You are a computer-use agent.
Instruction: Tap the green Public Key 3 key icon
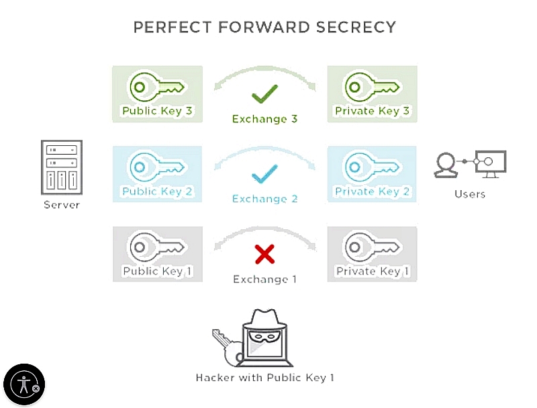156,85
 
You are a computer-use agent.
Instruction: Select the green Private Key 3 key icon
371,85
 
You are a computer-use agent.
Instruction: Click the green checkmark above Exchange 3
264,94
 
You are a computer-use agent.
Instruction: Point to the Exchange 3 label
264,119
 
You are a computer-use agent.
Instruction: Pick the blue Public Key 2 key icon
156,166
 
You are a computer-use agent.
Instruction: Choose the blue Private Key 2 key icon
371,166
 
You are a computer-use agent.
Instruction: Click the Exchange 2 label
264,199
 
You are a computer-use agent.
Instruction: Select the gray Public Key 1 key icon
156,246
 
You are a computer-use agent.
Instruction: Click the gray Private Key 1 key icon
371,246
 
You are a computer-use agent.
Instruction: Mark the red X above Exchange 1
264,254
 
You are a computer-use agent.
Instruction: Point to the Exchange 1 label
264,279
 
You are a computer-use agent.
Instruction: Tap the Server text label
62,204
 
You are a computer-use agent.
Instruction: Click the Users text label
469,194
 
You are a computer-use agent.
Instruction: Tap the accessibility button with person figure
24,384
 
